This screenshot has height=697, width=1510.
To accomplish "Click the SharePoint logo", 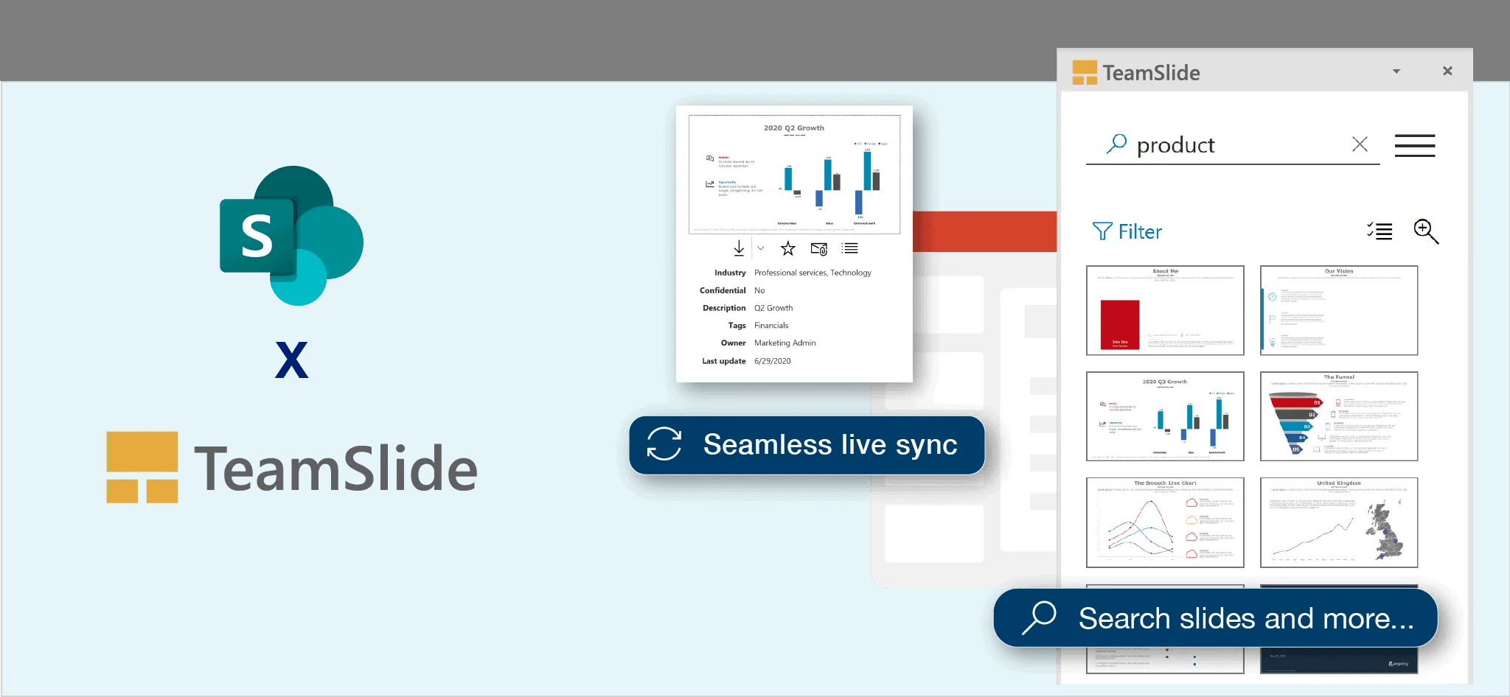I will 291,236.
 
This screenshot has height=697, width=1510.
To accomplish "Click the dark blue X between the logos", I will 291,360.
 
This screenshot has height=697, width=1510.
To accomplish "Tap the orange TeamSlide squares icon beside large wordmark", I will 142,467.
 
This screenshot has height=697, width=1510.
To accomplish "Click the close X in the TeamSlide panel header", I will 1447,71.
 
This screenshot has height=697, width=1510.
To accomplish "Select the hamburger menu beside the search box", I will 1414,145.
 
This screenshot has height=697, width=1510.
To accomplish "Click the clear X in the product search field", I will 1360,144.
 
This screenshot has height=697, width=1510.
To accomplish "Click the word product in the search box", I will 1175,145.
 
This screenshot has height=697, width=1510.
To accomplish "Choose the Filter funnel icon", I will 1102,231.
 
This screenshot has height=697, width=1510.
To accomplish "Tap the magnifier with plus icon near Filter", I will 1426,231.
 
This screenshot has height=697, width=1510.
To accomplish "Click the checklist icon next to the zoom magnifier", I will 1379,231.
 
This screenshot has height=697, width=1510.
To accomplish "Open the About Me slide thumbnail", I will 1165,310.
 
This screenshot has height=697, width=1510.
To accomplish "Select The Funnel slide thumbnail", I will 1339,416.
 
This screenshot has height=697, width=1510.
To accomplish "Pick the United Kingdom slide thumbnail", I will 1339,522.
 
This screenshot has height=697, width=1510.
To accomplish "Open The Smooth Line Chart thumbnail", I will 1165,522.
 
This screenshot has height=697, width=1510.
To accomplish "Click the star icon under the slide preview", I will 788,248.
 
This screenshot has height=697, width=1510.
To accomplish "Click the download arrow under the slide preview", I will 739,248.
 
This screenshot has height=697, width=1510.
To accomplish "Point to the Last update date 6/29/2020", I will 772,361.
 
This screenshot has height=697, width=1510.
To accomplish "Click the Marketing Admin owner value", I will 784,343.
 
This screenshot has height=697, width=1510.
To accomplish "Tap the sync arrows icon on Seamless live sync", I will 664,444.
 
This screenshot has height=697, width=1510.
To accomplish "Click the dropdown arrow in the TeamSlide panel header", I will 1396,71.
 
